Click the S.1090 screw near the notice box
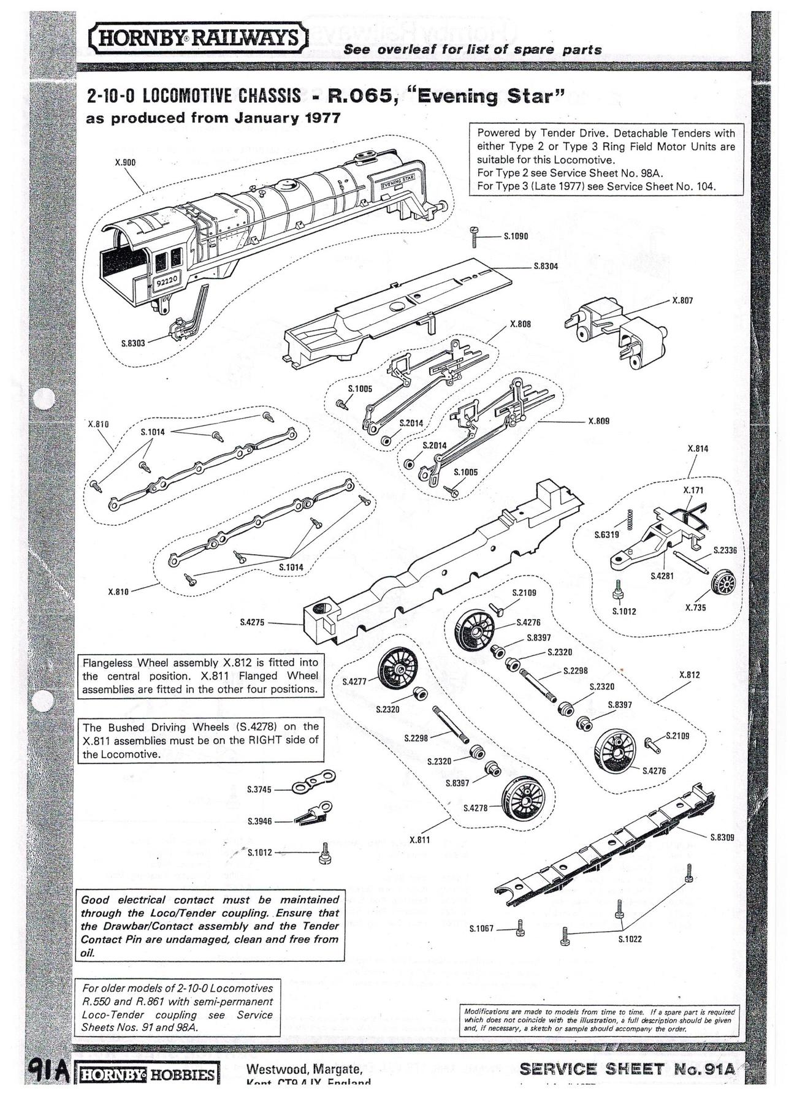474,236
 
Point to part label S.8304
545,267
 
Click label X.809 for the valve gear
598,421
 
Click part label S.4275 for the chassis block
252,622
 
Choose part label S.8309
722,837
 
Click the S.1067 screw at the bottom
521,929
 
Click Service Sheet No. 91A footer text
626,1069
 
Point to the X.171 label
693,490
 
